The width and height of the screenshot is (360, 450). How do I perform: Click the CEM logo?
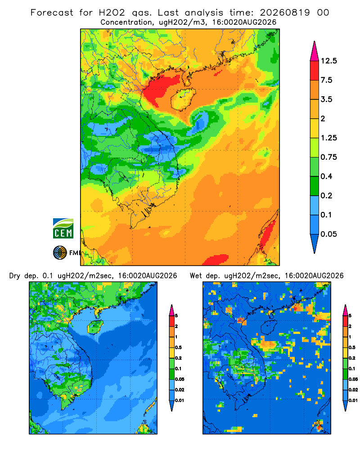(63, 229)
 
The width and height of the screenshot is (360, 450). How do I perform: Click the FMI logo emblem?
(60, 253)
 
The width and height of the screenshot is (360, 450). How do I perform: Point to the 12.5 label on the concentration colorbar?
(329, 61)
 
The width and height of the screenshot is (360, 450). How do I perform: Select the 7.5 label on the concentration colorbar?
(326, 80)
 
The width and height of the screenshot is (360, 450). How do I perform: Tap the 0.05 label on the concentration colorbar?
(328, 234)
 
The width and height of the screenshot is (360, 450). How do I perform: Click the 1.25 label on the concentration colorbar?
(329, 138)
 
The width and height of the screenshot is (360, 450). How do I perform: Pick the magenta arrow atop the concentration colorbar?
(315, 51)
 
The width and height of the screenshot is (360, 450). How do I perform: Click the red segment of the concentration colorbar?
(315, 71)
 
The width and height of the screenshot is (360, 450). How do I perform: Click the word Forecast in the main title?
(52, 13)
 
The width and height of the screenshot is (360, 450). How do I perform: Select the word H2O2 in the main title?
(112, 13)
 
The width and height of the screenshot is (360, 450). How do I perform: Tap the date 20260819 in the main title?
(285, 13)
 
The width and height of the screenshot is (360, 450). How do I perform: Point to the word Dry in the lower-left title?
(15, 276)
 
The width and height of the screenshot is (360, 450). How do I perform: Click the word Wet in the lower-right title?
(196, 276)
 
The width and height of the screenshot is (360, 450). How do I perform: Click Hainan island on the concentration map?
(183, 99)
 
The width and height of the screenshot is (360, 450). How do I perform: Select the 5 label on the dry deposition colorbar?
(176, 316)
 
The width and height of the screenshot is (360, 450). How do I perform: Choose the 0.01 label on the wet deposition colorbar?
(353, 400)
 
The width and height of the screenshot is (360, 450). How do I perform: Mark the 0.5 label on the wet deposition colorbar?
(352, 347)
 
